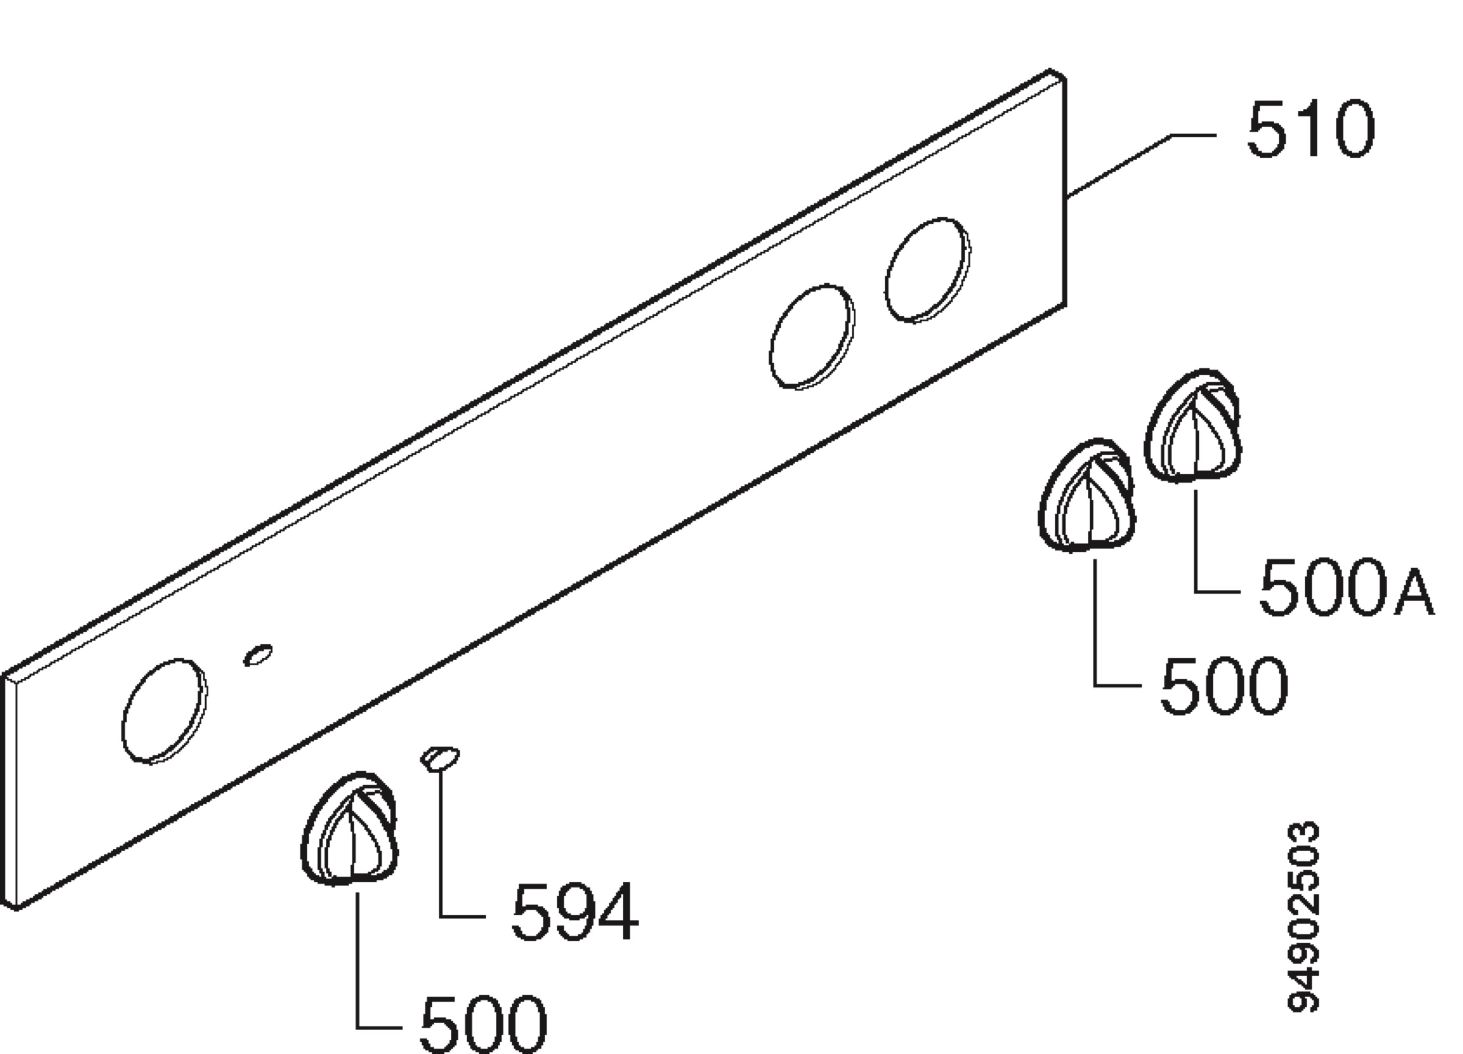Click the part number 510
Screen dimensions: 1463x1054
1310,129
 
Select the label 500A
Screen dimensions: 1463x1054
1346,587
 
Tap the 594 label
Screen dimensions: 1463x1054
574,912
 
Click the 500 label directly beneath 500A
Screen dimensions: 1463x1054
1223,685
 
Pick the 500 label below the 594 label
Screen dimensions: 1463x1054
483,1024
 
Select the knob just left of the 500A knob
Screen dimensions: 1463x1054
1087,495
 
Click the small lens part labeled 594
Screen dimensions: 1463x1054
440,758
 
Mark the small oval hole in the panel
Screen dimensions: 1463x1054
257,654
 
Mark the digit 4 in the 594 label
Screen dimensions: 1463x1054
618,912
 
